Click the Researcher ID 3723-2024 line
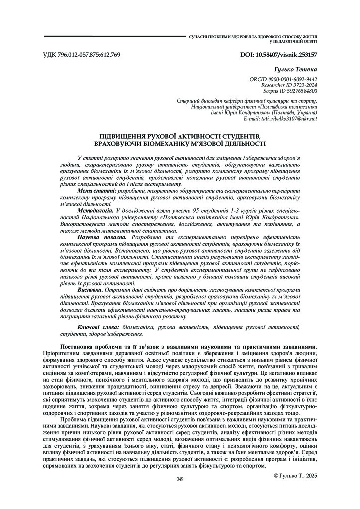pyautogui.click(x=289, y=85)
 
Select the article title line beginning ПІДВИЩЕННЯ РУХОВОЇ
pyautogui.click(x=180, y=136)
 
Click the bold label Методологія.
pyautogui.click(x=95, y=211)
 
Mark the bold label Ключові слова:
pyautogui.click(x=97, y=327)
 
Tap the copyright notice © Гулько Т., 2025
pyautogui.click(x=295, y=476)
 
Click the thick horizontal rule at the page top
pyautogui.click(x=114, y=36)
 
